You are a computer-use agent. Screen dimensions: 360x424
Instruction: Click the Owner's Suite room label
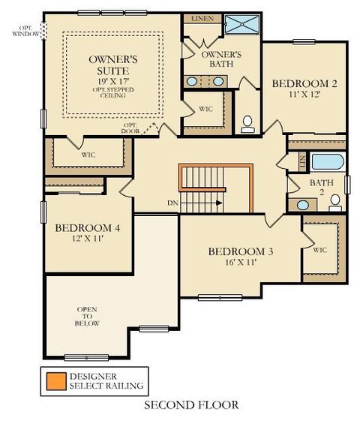tap(113, 65)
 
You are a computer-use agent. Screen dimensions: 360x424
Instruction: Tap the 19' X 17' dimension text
tap(113, 81)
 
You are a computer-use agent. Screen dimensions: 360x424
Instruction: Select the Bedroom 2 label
tap(304, 83)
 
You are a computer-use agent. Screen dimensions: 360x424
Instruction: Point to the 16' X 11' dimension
tap(241, 262)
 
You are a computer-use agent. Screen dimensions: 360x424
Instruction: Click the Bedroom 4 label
tap(88, 228)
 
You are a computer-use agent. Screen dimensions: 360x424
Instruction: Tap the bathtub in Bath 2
tap(328, 161)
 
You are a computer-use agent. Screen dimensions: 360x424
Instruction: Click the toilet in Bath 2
tap(335, 203)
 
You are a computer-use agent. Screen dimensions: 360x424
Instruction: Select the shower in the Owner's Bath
tap(242, 24)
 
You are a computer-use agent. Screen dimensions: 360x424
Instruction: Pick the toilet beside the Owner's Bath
tap(247, 125)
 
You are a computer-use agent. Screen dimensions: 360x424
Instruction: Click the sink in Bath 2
tap(303, 205)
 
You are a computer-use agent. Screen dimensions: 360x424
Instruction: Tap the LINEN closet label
tap(202, 19)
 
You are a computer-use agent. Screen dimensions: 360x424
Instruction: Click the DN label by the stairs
tap(172, 203)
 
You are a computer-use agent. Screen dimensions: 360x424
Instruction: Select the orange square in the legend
tap(56, 381)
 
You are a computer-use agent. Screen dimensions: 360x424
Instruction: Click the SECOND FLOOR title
tap(191, 405)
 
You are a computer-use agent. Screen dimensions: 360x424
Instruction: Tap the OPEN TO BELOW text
tap(87, 316)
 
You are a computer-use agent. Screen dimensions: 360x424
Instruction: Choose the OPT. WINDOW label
tap(26, 31)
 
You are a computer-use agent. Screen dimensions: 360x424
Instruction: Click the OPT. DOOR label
tap(130, 128)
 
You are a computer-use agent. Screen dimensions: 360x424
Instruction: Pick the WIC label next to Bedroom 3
tap(320, 250)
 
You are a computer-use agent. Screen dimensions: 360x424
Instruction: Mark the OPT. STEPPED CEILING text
tap(113, 92)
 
